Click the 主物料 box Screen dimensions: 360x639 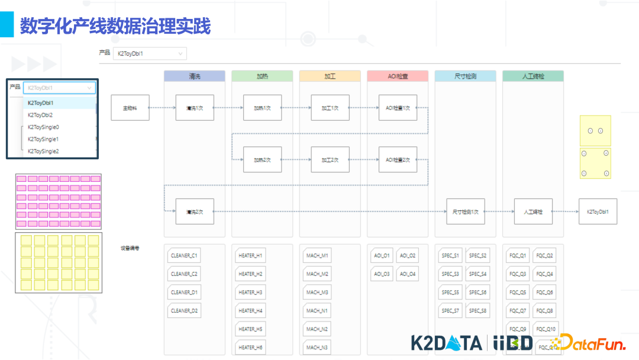(x=130, y=108)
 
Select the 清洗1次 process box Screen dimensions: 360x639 (x=195, y=108)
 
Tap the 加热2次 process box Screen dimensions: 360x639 (x=262, y=160)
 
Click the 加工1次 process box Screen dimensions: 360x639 (x=330, y=108)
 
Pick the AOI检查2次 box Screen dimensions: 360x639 (x=398, y=160)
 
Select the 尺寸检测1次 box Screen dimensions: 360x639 (x=466, y=211)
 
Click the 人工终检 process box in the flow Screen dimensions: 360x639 (x=533, y=211)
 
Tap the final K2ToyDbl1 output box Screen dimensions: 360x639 (x=598, y=211)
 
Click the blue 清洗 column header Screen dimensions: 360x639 (x=195, y=76)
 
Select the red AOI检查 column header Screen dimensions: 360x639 (x=398, y=76)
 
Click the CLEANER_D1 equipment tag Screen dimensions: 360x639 (x=185, y=292)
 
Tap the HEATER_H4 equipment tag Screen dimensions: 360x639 (x=251, y=311)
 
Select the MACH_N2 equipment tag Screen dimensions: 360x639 (x=318, y=329)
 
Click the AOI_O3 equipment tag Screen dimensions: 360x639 (x=382, y=274)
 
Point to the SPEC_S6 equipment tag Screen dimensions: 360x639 (x=477, y=292)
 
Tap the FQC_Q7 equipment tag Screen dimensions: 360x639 (x=518, y=311)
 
